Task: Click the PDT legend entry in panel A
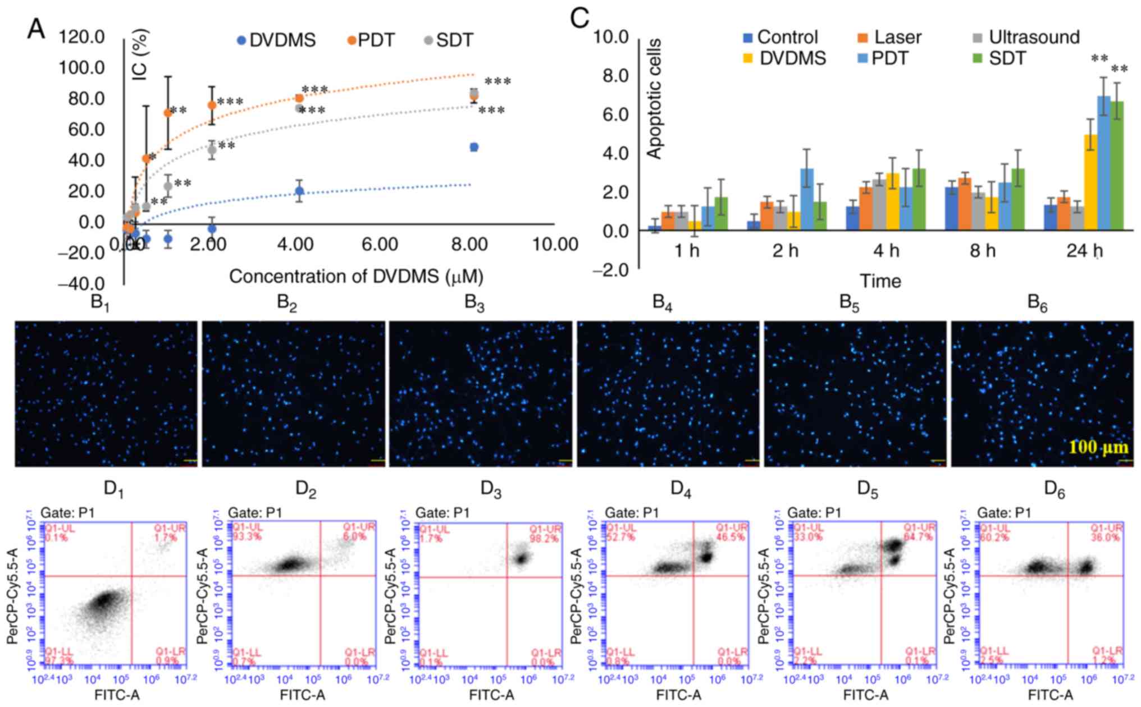370,40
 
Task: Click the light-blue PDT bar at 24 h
1104,163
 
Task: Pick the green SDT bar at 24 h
1117,166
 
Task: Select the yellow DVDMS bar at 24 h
1090,182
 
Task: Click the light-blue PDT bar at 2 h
806,199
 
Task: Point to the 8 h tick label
983,250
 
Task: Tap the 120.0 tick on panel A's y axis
82,37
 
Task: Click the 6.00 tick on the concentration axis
380,245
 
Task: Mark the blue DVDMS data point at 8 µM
474,147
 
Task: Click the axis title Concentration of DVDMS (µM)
356,277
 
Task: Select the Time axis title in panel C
880,281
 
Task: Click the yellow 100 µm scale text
1098,447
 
